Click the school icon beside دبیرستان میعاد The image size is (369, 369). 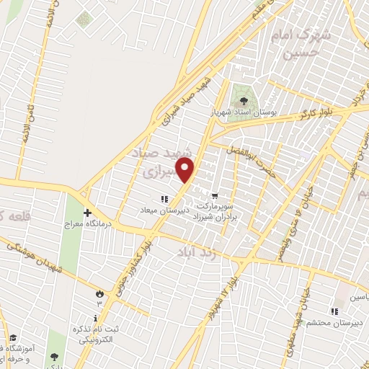[164, 198]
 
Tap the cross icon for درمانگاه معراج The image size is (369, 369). [87, 213]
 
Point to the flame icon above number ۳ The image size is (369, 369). [99, 293]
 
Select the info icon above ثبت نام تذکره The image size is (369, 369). [95, 318]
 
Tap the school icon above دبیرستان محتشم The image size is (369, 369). [334, 311]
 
